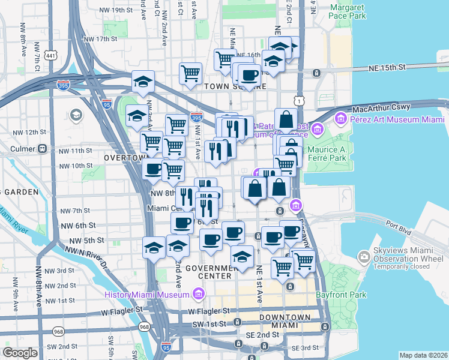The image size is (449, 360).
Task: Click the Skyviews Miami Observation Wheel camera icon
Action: point(364,257)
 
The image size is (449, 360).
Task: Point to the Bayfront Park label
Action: point(345,295)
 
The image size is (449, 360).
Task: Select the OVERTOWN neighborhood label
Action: point(125,157)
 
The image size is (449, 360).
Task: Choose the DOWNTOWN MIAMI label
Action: point(285,321)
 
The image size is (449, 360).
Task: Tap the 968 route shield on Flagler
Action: point(144,327)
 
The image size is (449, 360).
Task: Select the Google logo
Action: point(20,353)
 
